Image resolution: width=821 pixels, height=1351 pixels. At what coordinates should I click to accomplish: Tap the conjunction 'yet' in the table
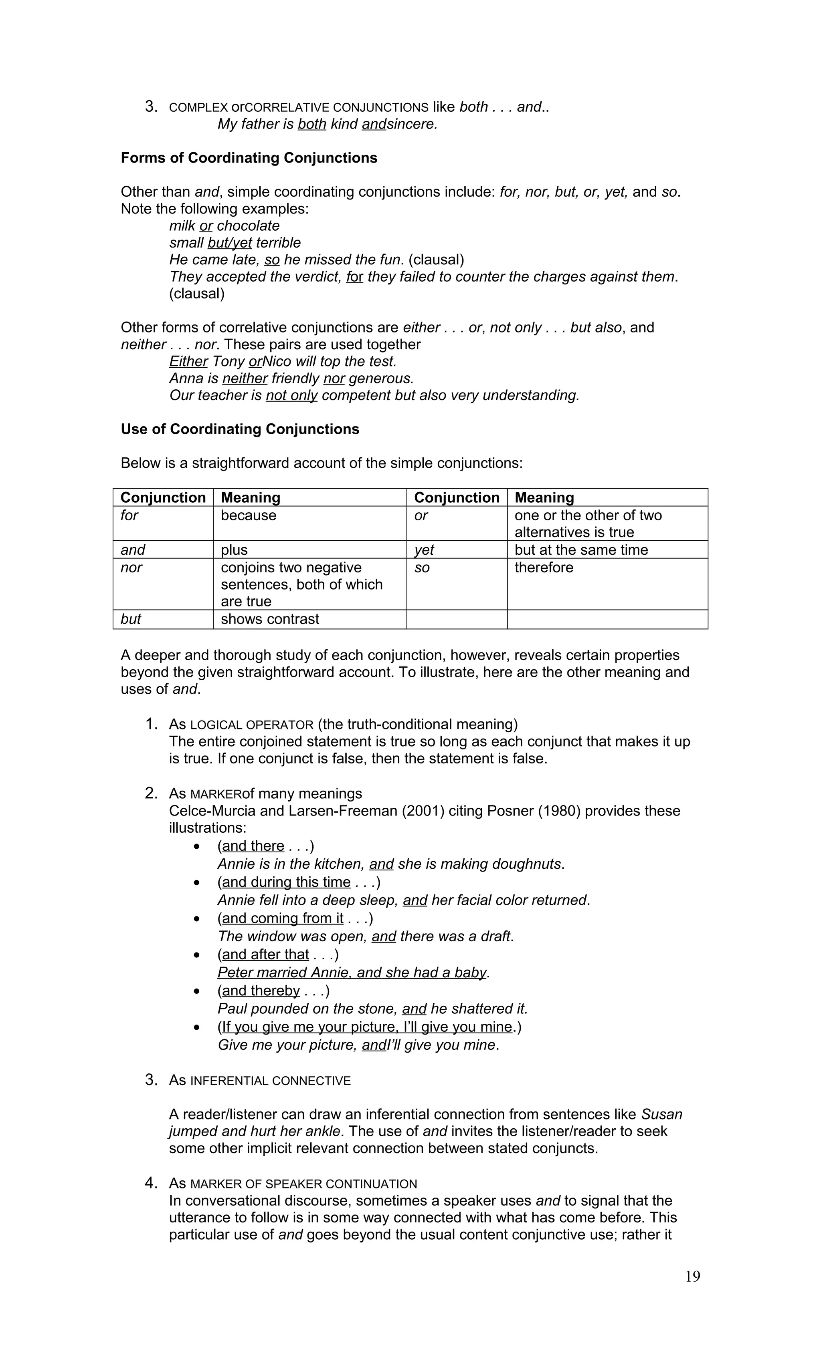click(x=424, y=550)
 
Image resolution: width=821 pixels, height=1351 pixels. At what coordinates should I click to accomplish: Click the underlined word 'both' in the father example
click(x=312, y=124)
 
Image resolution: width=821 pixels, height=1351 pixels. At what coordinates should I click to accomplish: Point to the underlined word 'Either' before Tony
click(x=188, y=361)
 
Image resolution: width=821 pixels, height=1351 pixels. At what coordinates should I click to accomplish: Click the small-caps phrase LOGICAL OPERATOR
click(x=251, y=725)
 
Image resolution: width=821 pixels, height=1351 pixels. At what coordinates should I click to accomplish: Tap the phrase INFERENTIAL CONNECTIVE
click(x=270, y=1081)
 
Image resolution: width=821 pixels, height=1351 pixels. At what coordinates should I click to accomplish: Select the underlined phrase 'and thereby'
click(x=261, y=991)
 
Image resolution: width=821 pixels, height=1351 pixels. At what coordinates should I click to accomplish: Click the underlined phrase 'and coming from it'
click(x=283, y=918)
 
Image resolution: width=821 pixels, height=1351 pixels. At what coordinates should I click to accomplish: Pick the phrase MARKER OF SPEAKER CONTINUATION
click(x=303, y=1184)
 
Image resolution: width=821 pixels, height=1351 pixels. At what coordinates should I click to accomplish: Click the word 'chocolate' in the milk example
click(x=248, y=226)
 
